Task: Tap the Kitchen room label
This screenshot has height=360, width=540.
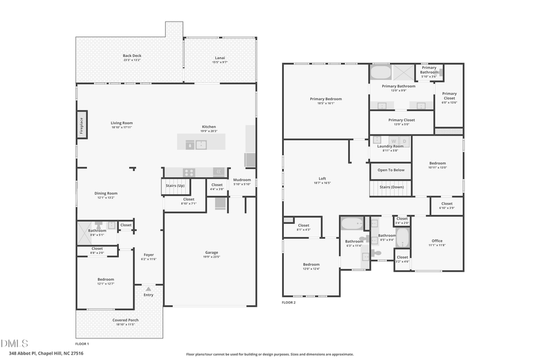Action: (209, 127)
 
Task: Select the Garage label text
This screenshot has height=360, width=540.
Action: (211, 253)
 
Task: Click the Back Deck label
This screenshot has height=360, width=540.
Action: (132, 56)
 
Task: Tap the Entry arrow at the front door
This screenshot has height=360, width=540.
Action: (148, 289)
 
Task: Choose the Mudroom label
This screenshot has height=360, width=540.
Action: (242, 180)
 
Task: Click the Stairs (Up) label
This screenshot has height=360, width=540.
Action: (175, 186)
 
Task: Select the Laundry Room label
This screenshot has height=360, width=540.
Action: (390, 146)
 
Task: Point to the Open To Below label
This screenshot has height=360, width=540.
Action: (391, 170)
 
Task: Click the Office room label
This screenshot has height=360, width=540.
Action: (437, 241)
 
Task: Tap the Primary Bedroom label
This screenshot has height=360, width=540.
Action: (326, 99)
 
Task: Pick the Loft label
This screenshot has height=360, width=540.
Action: (322, 179)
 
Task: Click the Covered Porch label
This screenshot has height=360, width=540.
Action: (125, 320)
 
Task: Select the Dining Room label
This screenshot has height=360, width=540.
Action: (106, 193)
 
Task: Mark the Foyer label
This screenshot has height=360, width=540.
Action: (148, 255)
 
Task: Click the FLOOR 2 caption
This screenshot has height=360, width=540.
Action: (289, 302)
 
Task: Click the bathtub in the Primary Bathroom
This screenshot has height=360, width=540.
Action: (380, 73)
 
